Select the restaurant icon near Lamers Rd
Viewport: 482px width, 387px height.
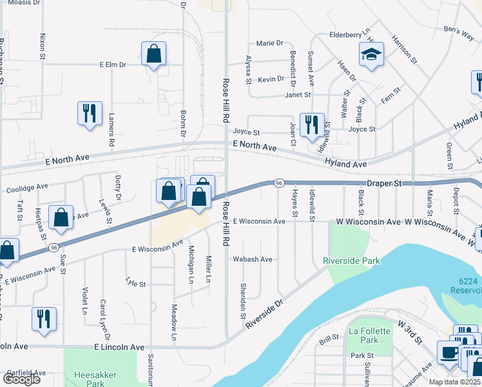(x=90, y=113)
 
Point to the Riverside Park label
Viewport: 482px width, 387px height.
(x=351, y=261)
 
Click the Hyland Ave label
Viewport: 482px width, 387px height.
(x=345, y=164)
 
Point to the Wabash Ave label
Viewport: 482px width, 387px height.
(x=253, y=259)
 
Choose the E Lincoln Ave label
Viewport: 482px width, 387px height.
(x=119, y=347)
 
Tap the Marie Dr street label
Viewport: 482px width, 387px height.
(x=269, y=43)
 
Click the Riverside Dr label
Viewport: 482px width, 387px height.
(x=265, y=313)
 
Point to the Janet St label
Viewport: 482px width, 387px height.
(x=298, y=95)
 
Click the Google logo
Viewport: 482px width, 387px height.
(x=21, y=379)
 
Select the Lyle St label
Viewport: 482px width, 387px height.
(x=136, y=283)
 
